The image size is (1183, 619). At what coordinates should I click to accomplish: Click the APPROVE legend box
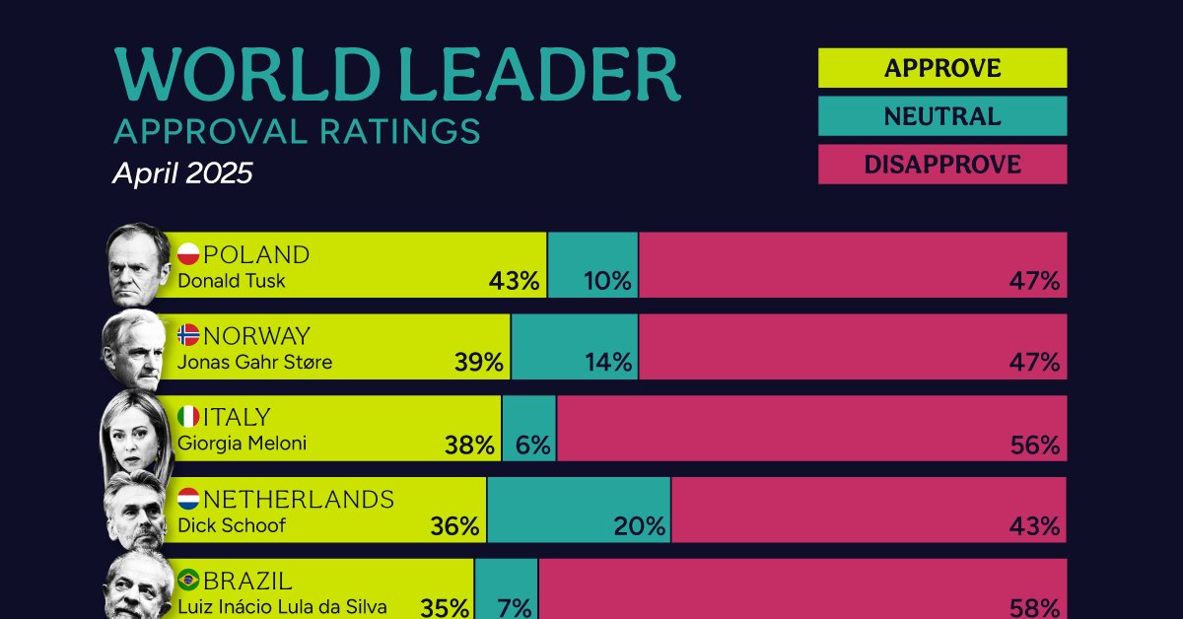(941, 68)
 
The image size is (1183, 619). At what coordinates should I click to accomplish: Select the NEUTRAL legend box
(941, 116)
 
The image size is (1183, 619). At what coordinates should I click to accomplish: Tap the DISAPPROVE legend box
(941, 165)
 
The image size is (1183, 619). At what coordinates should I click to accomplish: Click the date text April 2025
(182, 174)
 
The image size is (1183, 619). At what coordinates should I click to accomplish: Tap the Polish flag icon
(188, 255)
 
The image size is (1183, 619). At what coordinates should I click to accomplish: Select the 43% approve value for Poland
(514, 281)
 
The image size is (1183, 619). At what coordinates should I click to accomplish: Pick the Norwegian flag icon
(188, 336)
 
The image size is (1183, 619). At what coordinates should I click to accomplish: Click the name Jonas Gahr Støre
(254, 362)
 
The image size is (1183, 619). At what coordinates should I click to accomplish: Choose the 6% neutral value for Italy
(531, 445)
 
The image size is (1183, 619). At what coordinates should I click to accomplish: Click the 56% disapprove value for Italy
(1034, 445)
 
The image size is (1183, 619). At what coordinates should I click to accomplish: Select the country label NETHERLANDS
(298, 500)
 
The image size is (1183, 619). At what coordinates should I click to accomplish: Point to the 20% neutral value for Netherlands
(639, 526)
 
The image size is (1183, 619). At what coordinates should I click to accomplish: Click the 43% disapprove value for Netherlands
(1034, 526)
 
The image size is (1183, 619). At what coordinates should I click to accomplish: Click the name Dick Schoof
(232, 525)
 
